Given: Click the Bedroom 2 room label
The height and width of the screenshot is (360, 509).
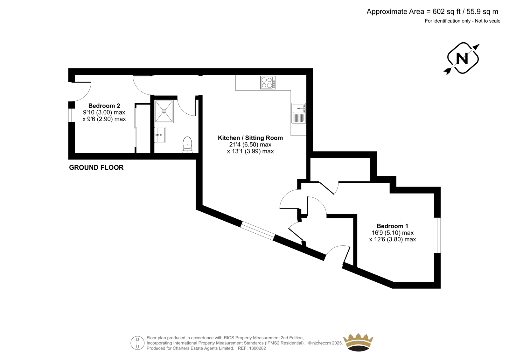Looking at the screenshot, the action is click(104, 106).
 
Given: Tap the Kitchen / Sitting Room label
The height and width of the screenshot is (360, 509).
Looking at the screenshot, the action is click(250, 138).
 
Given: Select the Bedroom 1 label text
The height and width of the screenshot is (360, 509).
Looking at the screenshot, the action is click(392, 226).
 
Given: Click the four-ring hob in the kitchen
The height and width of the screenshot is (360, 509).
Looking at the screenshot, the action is click(268, 82).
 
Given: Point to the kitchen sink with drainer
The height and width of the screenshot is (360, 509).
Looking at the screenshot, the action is click(299, 113).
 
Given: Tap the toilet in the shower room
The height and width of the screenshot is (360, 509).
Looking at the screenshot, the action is click(187, 145).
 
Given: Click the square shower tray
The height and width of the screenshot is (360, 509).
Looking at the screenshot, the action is click(164, 111).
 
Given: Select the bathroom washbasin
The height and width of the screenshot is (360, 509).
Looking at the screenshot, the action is click(160, 135).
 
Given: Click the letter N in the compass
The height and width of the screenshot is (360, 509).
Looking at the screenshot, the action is click(462, 59).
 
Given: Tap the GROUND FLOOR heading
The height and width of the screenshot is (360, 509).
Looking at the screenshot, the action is click(96, 168).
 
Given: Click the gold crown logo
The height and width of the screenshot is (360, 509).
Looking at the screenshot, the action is click(358, 343).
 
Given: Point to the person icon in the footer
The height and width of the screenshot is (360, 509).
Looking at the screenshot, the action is click(137, 343).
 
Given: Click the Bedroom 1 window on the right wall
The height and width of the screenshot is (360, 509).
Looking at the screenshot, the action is click(437, 235).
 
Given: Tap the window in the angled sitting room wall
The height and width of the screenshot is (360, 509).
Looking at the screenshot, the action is click(257, 231).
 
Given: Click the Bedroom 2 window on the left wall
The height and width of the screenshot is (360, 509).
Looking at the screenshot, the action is click(72, 115).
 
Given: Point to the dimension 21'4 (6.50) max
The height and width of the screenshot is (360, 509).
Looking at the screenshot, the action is click(250, 145).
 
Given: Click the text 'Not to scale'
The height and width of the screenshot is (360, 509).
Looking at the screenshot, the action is click(488, 21).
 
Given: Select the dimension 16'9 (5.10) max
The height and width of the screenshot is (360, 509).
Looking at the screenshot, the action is click(393, 233).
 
